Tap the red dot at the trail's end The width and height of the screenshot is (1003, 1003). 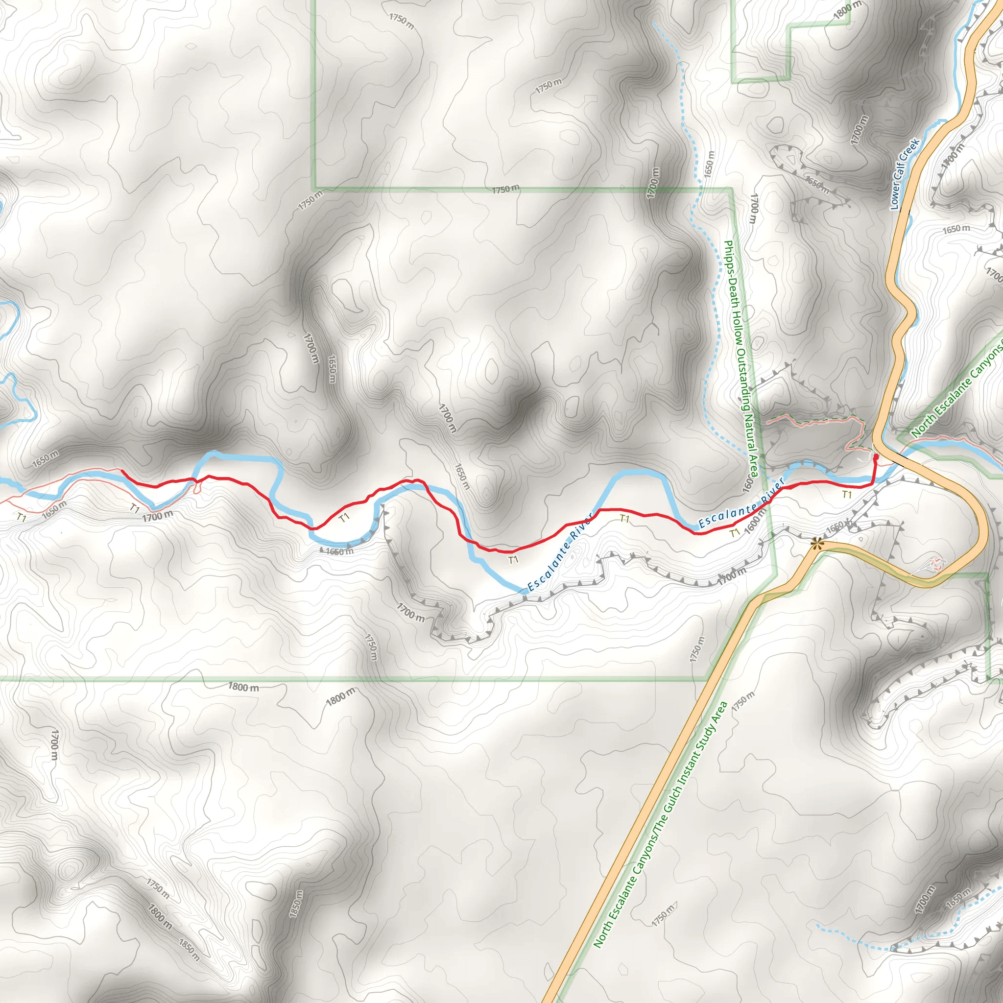click(876, 456)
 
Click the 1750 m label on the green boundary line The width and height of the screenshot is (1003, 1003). click(505, 190)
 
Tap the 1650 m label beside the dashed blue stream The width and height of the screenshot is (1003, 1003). click(710, 164)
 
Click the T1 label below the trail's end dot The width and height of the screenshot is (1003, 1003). click(847, 495)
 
